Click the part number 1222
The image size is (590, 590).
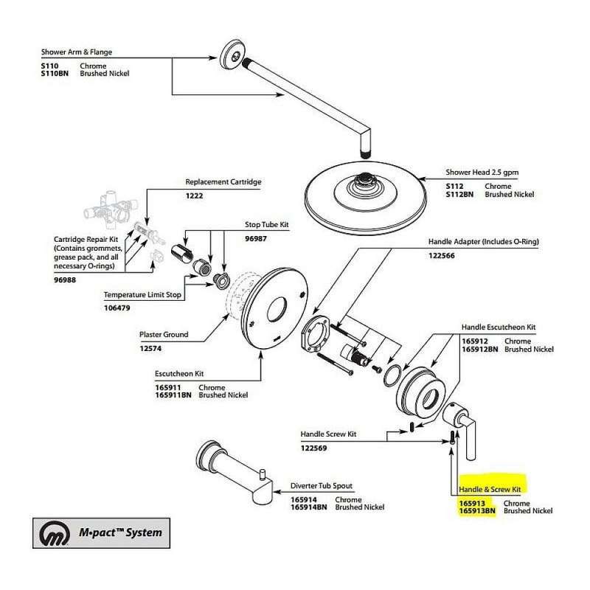[195, 197]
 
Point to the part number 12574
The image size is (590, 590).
[151, 348]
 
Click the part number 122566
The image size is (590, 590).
[442, 256]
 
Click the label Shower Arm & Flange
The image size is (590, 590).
[71, 52]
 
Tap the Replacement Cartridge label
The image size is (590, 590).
[223, 182]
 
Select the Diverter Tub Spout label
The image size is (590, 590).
[321, 485]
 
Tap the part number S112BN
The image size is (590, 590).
[459, 194]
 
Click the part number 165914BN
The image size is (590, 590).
[308, 507]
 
